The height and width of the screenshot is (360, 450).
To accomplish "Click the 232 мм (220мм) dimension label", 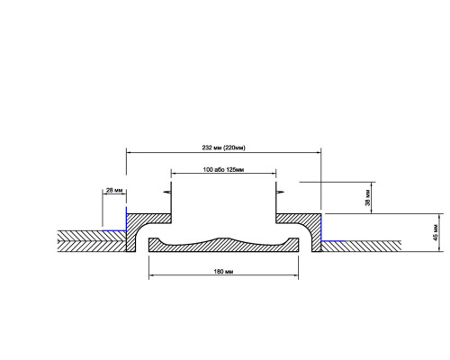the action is [x=223, y=148].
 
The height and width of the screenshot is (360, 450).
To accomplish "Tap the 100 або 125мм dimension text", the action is [x=223, y=170].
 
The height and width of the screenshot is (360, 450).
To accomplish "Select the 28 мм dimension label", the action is [x=114, y=190].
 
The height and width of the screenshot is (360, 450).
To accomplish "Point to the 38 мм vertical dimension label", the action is [x=368, y=197].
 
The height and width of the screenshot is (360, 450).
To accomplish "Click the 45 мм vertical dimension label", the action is [x=436, y=232].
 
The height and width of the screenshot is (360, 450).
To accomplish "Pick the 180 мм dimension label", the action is [x=223, y=272].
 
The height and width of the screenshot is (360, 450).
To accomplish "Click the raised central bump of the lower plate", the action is [x=223, y=239].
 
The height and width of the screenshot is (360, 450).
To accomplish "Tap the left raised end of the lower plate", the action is [x=154, y=241].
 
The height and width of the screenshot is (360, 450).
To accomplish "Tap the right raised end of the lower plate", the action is [x=293, y=241].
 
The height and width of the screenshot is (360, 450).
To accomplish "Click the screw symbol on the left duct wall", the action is [x=167, y=192].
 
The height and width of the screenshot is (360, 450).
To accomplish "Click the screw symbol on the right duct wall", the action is [x=279, y=192].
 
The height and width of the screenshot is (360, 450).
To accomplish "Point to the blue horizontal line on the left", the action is [x=114, y=230].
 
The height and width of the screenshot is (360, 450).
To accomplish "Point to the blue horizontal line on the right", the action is [x=333, y=240].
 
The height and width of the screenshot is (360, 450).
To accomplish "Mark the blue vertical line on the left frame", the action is [x=126, y=219].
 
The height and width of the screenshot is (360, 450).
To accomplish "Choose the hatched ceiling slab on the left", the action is [x=92, y=241].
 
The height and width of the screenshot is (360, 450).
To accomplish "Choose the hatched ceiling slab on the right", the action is [x=361, y=246].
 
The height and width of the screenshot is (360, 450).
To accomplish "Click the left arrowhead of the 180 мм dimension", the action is [x=151, y=274].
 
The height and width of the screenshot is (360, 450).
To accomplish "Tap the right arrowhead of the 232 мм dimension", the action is [x=319, y=152].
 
